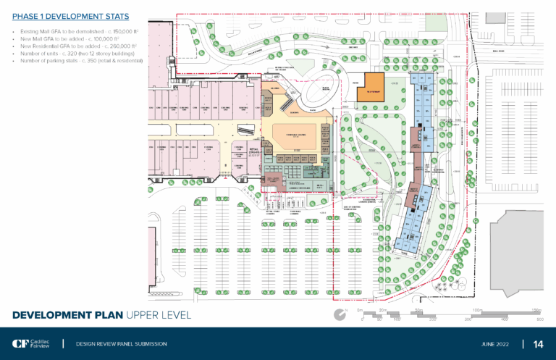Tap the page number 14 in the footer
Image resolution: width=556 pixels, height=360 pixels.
(x=538, y=343)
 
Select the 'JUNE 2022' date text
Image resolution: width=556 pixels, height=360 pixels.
(x=497, y=343)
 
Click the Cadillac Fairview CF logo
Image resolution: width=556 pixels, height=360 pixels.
(x=29, y=343)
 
